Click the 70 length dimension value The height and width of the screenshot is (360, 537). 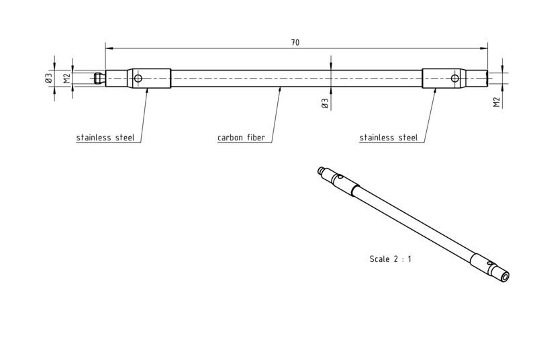click(295, 42)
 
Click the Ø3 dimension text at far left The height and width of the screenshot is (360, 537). click(48, 78)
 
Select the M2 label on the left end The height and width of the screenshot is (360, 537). click(66, 78)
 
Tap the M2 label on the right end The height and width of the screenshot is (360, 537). click(497, 102)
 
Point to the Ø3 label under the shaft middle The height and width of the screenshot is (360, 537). click(325, 103)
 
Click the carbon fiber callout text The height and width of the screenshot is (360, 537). click(241, 138)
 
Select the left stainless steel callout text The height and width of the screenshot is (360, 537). click(105, 138)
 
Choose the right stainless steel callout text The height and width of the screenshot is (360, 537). click(389, 138)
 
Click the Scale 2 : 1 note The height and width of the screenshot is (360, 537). click(391, 259)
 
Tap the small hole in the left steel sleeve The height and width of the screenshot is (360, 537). click(138, 79)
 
